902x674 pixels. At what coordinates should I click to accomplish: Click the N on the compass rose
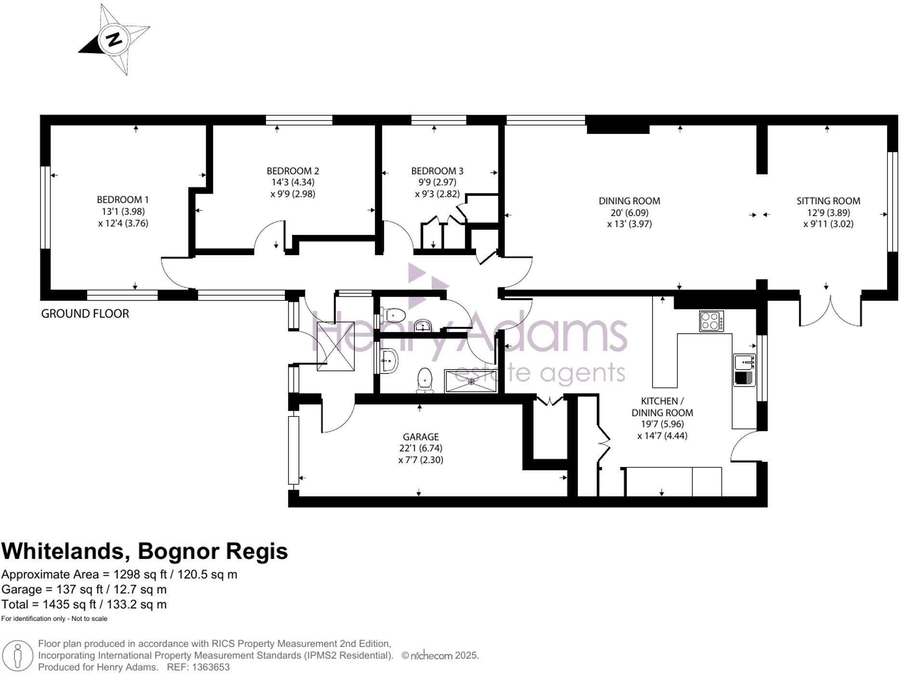114,39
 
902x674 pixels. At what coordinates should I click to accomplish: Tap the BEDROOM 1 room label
123,199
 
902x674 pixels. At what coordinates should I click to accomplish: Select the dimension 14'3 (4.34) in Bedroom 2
292,182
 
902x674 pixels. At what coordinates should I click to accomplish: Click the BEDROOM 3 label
437,171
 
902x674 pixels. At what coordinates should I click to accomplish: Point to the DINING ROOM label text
629,201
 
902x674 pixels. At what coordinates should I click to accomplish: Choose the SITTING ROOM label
828,201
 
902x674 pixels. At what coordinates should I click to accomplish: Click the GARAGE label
421,437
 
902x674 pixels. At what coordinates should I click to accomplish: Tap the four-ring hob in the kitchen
711,321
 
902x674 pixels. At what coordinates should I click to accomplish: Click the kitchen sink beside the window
744,370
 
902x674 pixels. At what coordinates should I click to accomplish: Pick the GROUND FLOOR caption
85,314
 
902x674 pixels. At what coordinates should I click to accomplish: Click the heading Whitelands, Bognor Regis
145,551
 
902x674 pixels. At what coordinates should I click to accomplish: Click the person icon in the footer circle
18,655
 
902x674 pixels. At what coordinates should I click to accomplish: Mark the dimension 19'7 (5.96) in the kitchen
662,424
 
